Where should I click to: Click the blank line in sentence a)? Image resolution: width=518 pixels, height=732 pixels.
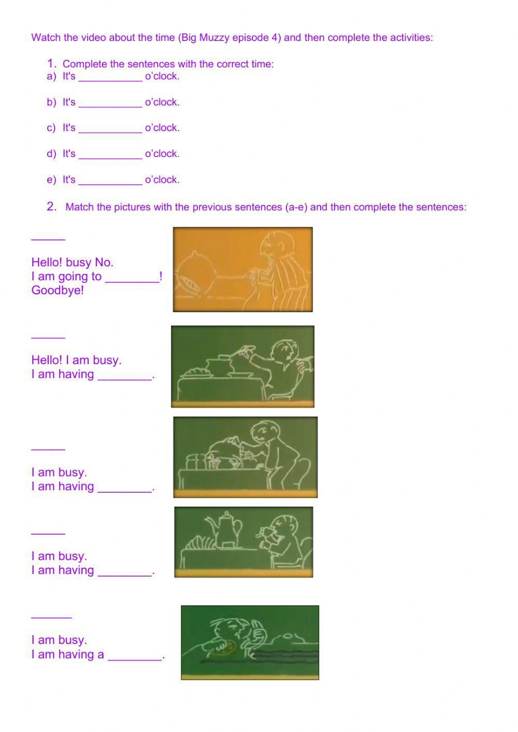click(x=110, y=79)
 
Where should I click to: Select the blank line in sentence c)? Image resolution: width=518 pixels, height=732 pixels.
click(x=110, y=131)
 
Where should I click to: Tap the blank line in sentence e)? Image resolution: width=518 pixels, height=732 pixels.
click(x=110, y=182)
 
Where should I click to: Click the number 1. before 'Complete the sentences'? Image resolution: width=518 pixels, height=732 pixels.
click(x=51, y=64)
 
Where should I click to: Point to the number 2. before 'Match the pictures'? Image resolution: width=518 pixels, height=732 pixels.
click(x=51, y=207)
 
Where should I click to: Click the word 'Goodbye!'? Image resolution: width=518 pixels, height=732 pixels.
click(x=57, y=290)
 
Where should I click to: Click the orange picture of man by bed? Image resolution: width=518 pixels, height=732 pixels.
click(x=242, y=269)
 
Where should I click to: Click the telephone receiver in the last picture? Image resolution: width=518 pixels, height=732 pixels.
click(x=257, y=632)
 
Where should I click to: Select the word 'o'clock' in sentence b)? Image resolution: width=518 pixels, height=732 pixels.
click(x=162, y=102)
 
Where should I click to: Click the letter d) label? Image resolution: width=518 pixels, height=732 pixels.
click(x=51, y=154)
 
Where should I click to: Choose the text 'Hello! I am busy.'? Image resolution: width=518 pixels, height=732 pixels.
click(x=76, y=360)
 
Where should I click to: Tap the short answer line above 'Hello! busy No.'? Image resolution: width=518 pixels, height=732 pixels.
click(x=48, y=238)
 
